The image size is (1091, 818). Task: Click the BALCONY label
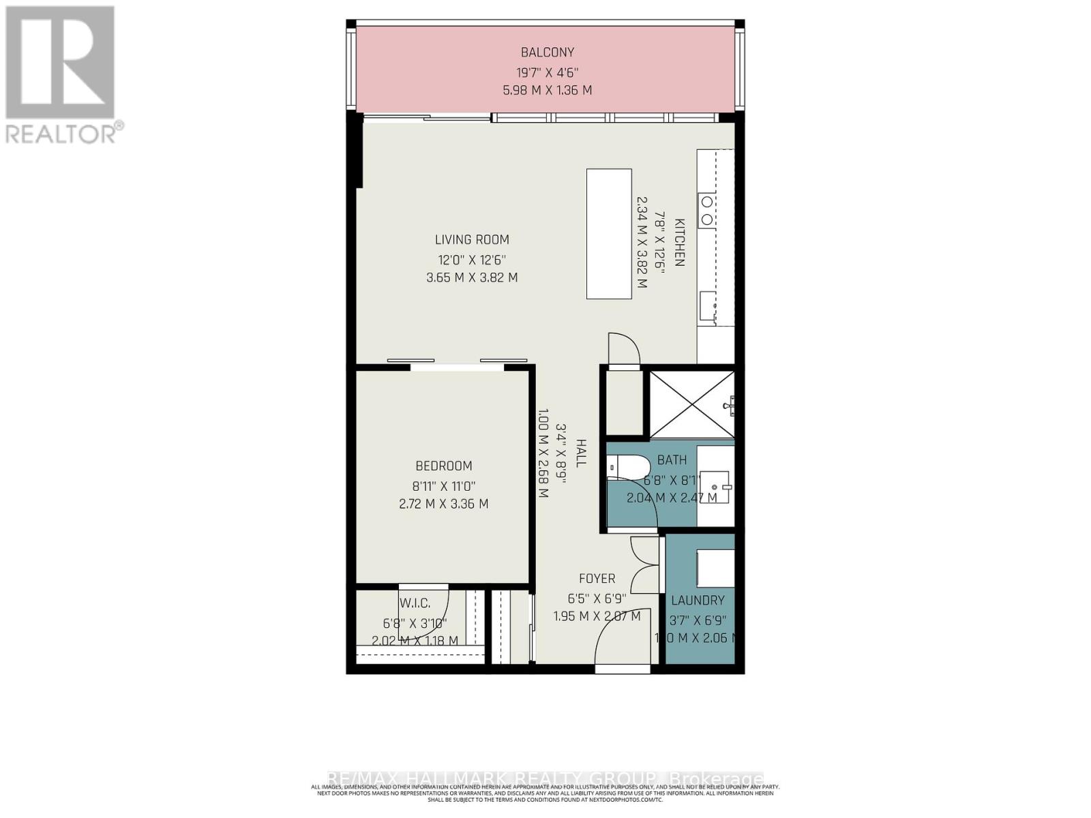pyautogui.click(x=548, y=52)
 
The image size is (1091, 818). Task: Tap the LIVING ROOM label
pyautogui.click(x=472, y=240)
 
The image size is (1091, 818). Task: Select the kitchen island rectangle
pyautogui.click(x=609, y=234)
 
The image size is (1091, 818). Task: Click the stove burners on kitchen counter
pyautogui.click(x=707, y=211)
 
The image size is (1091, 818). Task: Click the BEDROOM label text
pyautogui.click(x=444, y=466)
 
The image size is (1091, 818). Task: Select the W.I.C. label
pyautogui.click(x=415, y=603)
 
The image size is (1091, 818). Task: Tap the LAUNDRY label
pyautogui.click(x=698, y=601)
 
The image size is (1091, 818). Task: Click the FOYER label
pyautogui.click(x=597, y=579)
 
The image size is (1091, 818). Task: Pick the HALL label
pyautogui.click(x=581, y=453)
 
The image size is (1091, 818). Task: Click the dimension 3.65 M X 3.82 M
pyautogui.click(x=472, y=278)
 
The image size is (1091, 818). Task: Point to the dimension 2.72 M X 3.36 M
pyautogui.click(x=444, y=504)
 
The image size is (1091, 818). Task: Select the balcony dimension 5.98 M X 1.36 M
pyautogui.click(x=548, y=90)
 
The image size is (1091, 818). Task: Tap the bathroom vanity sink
pyautogui.click(x=719, y=486)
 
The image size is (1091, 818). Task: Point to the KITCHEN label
pyautogui.click(x=679, y=243)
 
